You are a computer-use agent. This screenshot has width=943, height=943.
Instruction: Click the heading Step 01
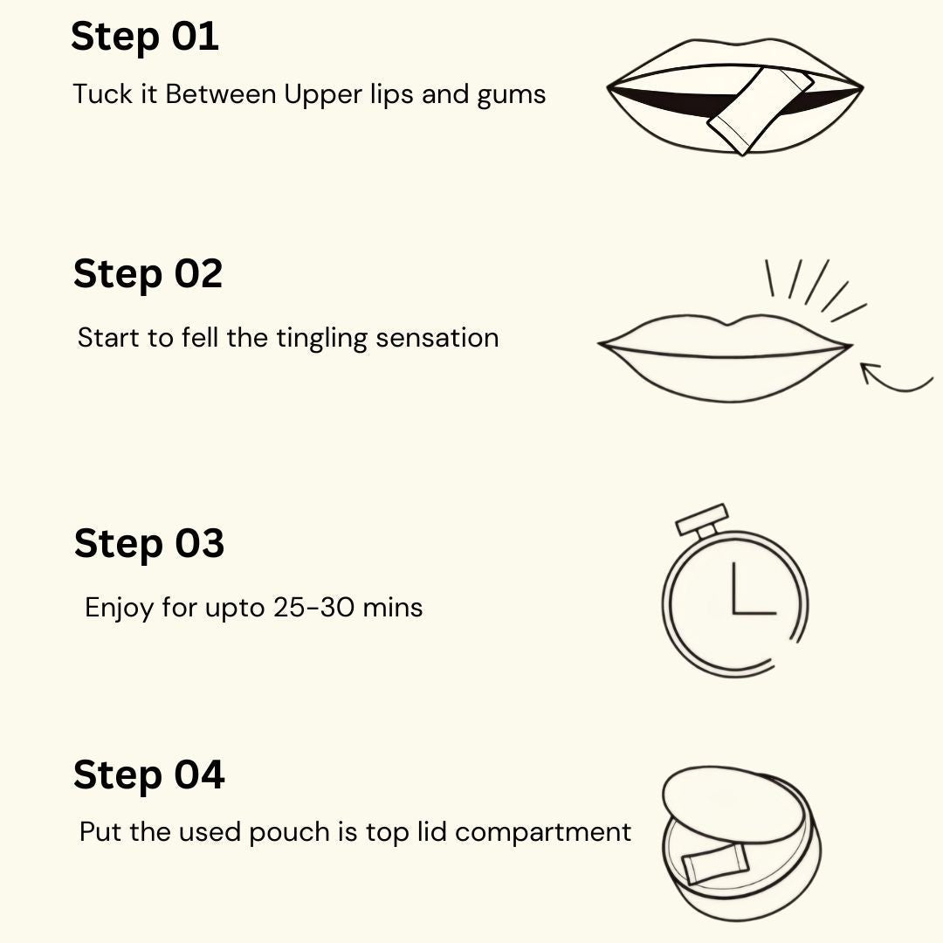(x=144, y=38)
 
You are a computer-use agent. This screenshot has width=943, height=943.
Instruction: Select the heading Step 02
(x=148, y=274)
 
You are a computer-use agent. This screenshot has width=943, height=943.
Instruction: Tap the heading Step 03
(x=148, y=543)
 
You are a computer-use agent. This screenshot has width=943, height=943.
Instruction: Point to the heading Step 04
(x=148, y=775)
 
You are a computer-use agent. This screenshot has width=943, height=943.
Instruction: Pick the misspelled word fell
(x=201, y=338)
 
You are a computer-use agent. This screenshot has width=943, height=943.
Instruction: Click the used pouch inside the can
(x=711, y=864)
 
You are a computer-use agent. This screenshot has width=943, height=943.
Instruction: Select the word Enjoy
(x=120, y=608)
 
